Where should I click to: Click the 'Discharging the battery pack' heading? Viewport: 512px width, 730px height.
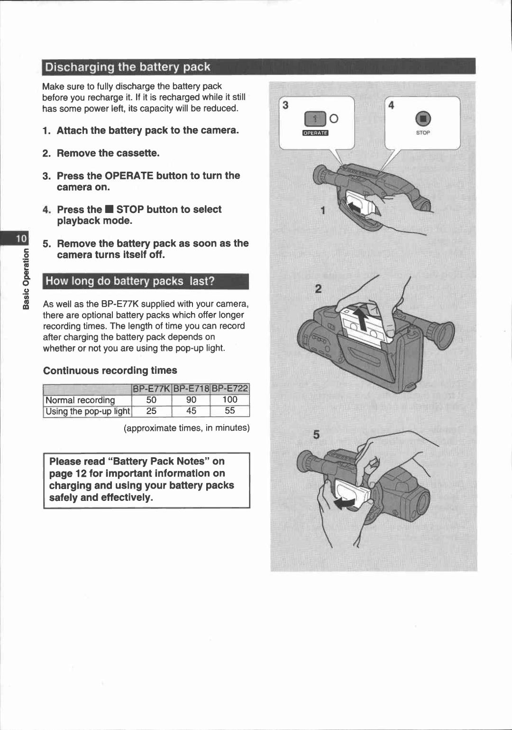128,67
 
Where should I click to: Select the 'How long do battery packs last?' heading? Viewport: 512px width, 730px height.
130,281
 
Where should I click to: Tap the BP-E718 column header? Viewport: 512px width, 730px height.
191,388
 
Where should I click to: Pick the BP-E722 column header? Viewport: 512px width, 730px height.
230,388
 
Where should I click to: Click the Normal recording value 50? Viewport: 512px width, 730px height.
151,400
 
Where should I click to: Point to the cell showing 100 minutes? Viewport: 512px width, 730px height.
230,400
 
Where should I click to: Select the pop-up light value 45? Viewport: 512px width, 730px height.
191,411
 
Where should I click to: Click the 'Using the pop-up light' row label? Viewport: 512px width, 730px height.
88,411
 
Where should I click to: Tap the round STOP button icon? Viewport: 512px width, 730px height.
423,119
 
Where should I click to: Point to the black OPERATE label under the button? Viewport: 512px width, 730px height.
315,133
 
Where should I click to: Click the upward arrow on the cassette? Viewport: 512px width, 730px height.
362,318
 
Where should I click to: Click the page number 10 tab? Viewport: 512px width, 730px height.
22,238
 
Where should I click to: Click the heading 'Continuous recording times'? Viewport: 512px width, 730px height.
110,370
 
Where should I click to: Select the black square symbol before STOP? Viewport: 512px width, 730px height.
109,210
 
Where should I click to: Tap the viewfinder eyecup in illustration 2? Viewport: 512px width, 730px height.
443,334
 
